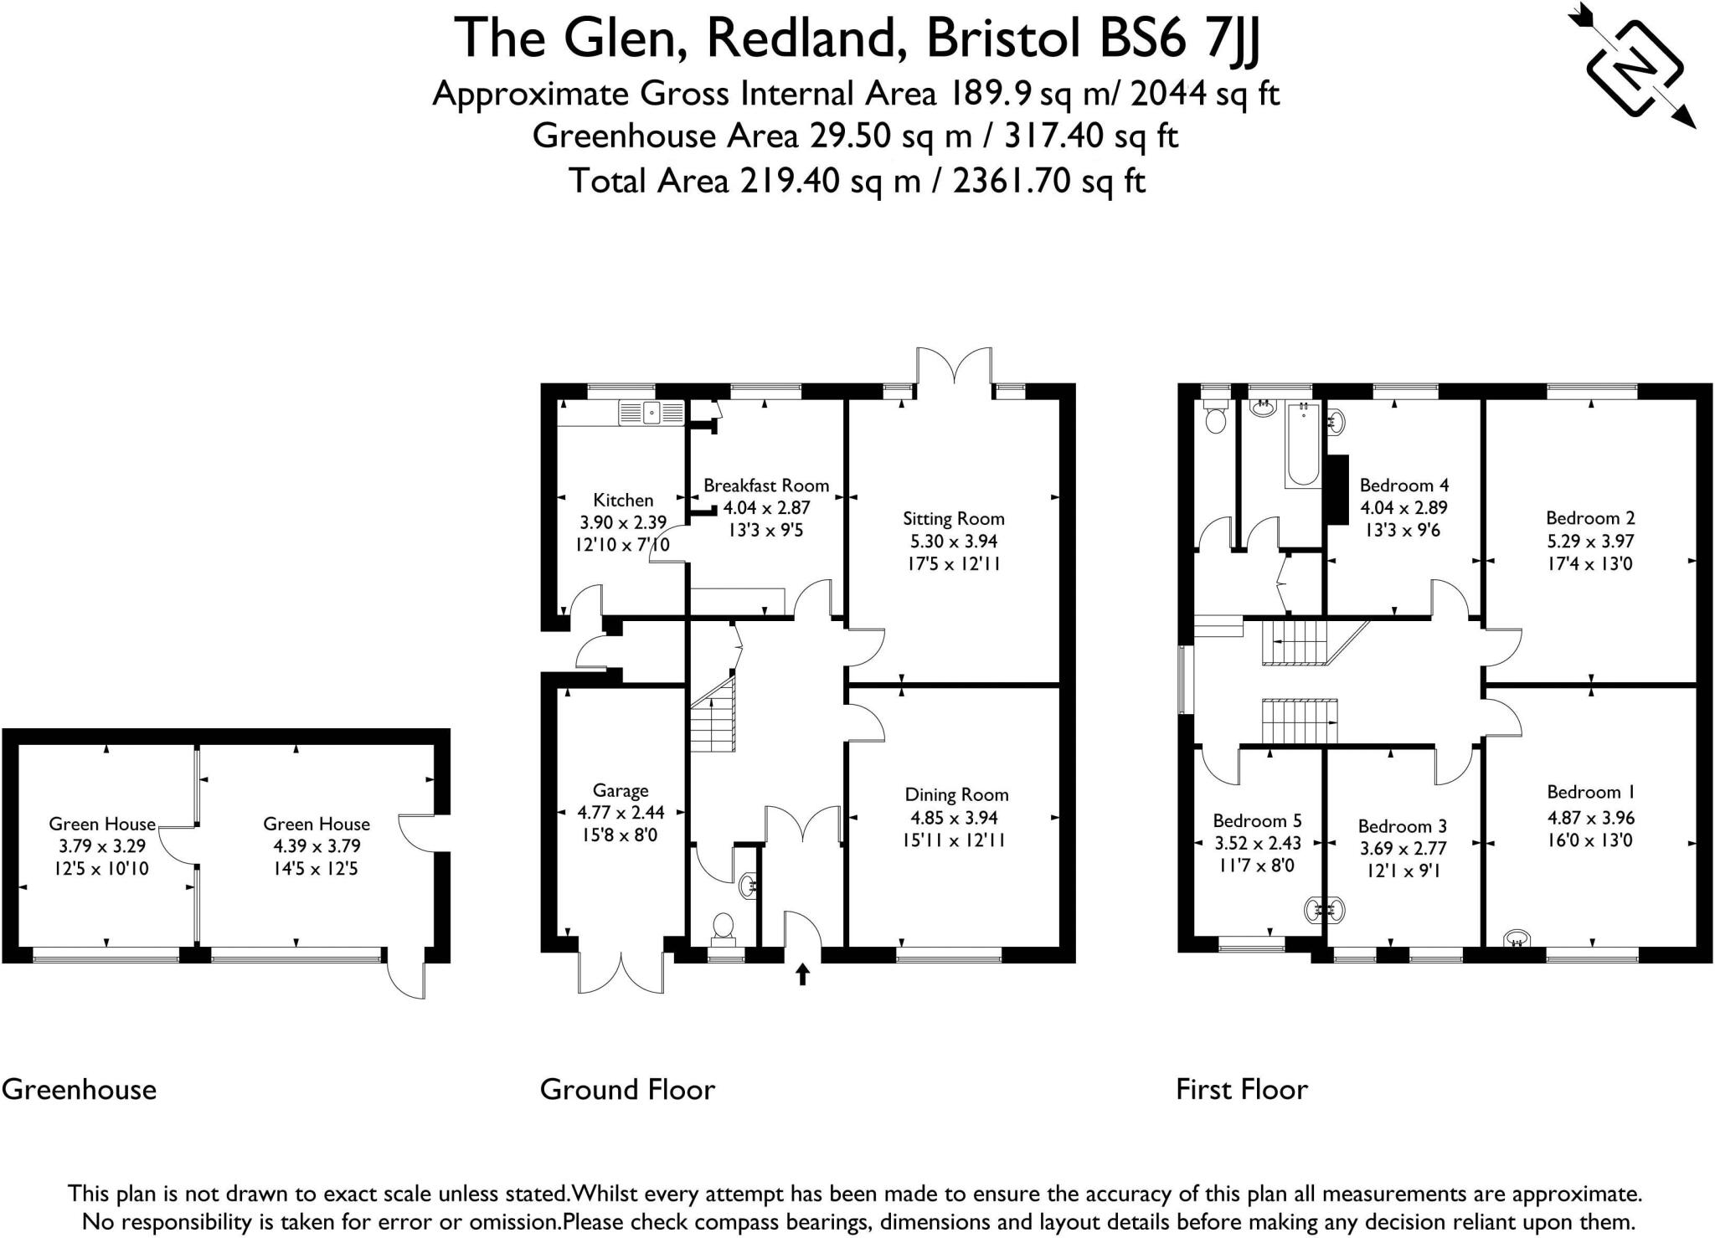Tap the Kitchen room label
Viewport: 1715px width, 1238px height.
point(623,500)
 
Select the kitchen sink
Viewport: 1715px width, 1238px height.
point(651,412)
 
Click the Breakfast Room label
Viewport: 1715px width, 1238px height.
point(765,485)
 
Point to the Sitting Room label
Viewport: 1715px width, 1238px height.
point(953,518)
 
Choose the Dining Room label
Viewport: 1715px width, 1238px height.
point(956,794)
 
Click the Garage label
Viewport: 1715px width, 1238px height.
point(621,790)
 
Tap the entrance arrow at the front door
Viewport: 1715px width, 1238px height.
point(802,973)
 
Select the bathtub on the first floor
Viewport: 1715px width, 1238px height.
point(1303,444)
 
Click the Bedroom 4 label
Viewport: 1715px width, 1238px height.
point(1403,485)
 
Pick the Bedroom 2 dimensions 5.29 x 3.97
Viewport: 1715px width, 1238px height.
point(1589,541)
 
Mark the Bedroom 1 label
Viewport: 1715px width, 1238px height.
point(1589,792)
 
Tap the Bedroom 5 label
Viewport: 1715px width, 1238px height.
point(1257,820)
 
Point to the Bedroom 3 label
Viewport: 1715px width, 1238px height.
point(1403,826)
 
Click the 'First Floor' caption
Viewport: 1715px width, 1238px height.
point(1241,1089)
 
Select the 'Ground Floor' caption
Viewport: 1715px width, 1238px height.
point(627,1089)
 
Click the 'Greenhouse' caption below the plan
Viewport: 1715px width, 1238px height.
point(79,1089)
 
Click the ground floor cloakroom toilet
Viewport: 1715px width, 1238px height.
point(723,927)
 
